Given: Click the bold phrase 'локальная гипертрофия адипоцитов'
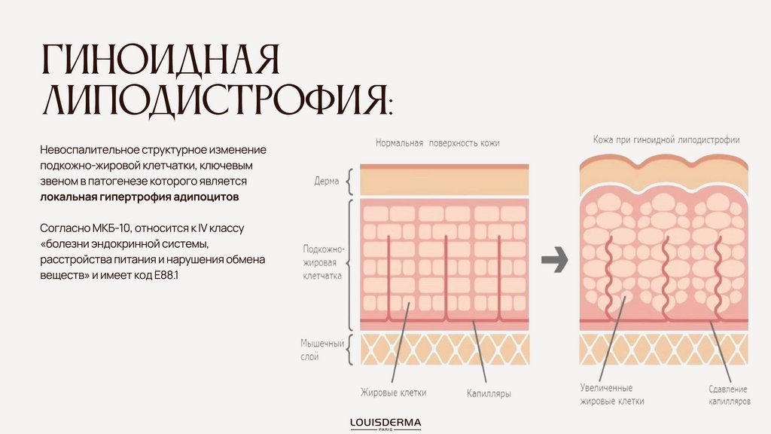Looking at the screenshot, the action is click(x=139, y=197).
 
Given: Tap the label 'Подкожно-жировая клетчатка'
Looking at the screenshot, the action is click(x=323, y=262).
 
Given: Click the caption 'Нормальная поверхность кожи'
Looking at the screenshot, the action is click(x=437, y=142).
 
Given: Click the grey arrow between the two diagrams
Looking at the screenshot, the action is click(x=554, y=261).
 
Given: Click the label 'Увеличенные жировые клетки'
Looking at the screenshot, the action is click(x=611, y=395).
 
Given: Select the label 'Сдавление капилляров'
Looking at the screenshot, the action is click(x=729, y=395).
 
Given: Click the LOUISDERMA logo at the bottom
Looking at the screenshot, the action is click(x=385, y=423).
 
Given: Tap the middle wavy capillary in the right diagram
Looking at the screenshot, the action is click(x=665, y=275).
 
